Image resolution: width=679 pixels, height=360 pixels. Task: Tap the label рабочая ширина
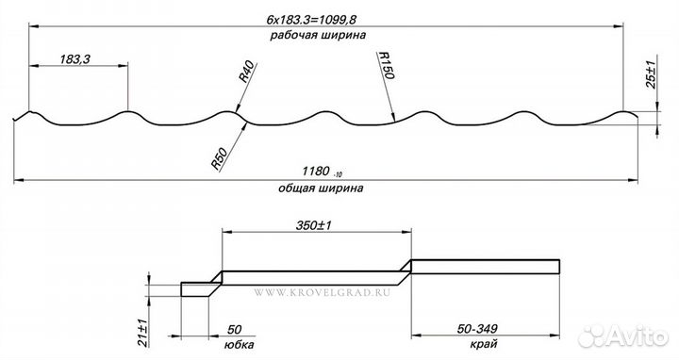pyautogui.click(x=318, y=35)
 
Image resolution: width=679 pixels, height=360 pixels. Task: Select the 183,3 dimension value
pyautogui.click(x=75, y=59)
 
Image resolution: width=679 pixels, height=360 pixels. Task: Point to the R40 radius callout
pyautogui.click(x=247, y=72)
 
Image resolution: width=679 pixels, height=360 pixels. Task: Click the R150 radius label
pyautogui.click(x=386, y=66)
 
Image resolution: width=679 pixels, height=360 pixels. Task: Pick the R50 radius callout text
pyautogui.click(x=219, y=158)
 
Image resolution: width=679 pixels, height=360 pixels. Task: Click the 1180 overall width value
pyautogui.click(x=316, y=172)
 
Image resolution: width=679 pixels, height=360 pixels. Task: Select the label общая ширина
pyautogui.click(x=321, y=188)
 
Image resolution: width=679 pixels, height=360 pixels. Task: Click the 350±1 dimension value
pyautogui.click(x=314, y=225)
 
